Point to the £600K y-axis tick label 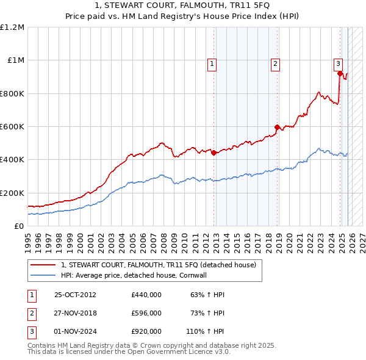pos(12,127)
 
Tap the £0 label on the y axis pos(20,226)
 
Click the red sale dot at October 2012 pos(213,153)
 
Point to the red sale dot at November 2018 pos(277,128)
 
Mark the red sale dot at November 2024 pos(340,74)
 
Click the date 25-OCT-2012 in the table pos(75,295)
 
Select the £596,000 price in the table pos(146,313)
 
